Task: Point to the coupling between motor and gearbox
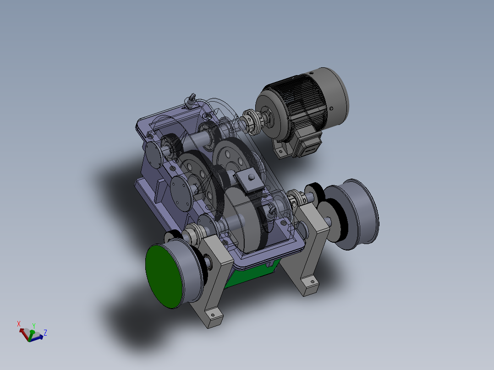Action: click(251, 121)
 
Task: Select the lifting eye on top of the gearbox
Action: click(191, 99)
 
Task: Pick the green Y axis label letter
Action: click(33, 326)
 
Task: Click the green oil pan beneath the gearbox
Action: click(250, 274)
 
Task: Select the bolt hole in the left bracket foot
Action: click(212, 316)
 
